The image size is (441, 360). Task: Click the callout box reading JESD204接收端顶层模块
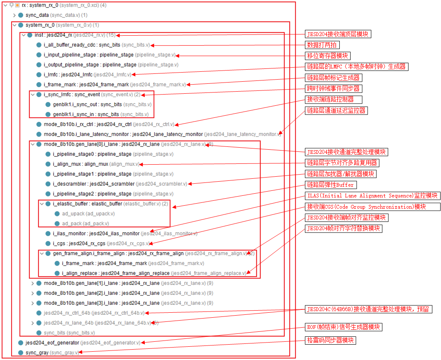click(x=337, y=34)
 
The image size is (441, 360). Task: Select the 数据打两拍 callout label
click(x=322, y=45)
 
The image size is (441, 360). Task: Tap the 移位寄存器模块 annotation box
click(x=328, y=56)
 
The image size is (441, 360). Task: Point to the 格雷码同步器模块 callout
click(x=331, y=341)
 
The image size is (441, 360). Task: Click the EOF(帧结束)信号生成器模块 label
click(x=343, y=327)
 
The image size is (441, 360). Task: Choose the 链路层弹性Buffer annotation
click(x=330, y=185)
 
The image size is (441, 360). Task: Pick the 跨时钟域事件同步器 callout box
click(x=333, y=88)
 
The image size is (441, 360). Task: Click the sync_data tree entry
click(x=37, y=15)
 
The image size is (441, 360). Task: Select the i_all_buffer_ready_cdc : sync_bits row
click(x=82, y=45)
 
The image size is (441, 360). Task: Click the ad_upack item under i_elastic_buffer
click(x=73, y=214)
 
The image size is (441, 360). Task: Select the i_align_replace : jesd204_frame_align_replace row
click(x=116, y=273)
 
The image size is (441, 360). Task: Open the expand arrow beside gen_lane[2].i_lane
click(x=33, y=293)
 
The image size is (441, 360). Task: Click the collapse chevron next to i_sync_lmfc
click(x=33, y=95)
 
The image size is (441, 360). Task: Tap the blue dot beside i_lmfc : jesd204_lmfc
click(x=39, y=75)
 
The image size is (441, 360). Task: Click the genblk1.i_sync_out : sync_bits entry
click(x=87, y=105)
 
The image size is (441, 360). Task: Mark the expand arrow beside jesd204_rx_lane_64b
click(x=33, y=323)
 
